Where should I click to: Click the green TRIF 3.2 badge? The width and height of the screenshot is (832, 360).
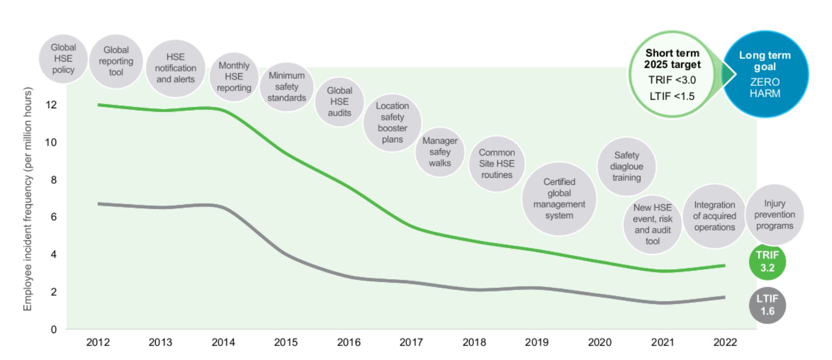click(x=767, y=262)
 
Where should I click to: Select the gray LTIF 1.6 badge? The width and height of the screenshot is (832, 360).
click(x=767, y=305)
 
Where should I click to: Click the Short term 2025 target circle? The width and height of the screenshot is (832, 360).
click(x=672, y=74)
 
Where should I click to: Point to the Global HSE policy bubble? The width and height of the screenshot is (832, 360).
click(x=63, y=58)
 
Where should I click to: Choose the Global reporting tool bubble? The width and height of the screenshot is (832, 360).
click(x=116, y=61)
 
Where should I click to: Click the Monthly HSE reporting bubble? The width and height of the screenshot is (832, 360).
click(x=234, y=76)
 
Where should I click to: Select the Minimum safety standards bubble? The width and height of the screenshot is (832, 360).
click(x=286, y=86)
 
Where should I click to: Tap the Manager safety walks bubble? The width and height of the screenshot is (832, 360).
click(x=440, y=152)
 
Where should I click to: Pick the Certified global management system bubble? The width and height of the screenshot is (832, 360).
click(x=559, y=199)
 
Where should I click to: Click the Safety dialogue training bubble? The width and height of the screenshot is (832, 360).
click(x=626, y=166)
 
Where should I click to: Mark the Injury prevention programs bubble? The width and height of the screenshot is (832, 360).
click(x=774, y=215)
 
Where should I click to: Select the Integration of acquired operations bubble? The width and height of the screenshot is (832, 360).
click(x=714, y=216)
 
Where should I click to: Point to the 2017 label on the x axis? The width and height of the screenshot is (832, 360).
click(x=411, y=343)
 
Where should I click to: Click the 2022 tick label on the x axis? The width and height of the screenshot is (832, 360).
click(x=725, y=343)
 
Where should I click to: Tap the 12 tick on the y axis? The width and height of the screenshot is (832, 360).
click(x=51, y=105)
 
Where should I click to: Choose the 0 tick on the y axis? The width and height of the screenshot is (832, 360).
click(x=54, y=330)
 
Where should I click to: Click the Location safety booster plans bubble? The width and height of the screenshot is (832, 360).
click(x=392, y=122)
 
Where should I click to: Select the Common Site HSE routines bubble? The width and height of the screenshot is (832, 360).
click(x=497, y=164)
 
